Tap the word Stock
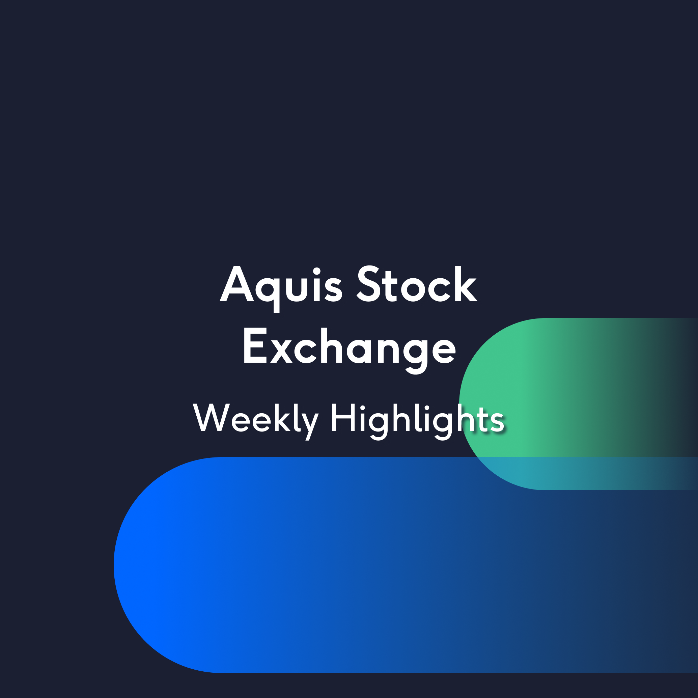coord(417,284)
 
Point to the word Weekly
coord(256,421)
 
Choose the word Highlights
coord(418,421)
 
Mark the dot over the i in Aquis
coord(317,271)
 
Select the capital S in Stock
coord(368,284)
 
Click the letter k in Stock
coord(466,284)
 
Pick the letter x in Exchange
coord(281,351)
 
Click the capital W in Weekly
coord(211,417)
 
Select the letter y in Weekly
coord(310,426)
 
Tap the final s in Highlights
coord(498,422)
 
